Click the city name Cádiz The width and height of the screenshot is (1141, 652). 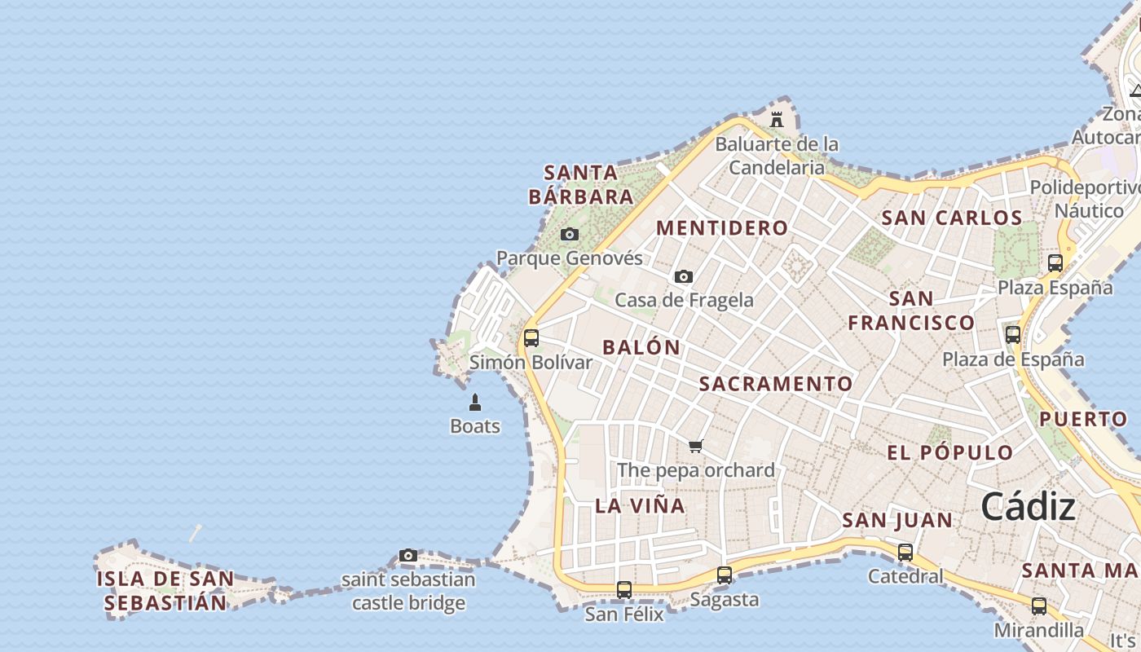pos(1028,507)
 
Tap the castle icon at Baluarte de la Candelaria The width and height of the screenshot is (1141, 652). pos(777,120)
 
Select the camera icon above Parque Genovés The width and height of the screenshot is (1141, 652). pos(570,235)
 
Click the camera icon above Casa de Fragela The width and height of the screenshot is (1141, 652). pos(684,277)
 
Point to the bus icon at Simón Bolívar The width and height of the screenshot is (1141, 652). pos(531,337)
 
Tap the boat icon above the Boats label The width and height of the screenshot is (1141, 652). pos(475,402)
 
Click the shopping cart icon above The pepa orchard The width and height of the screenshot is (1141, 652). pos(695,446)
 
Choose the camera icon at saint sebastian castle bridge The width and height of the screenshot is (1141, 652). pos(408,556)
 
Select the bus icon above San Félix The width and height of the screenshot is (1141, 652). pos(624,589)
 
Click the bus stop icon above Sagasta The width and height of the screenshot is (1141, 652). pos(724,575)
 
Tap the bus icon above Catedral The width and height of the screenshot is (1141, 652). pos(905,552)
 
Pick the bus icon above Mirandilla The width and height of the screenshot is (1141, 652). pos(1038,606)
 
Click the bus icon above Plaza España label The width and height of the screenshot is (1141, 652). pos(1055,262)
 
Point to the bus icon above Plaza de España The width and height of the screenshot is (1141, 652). pos(1013,334)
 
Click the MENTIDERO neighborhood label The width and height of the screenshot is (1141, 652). pos(722,228)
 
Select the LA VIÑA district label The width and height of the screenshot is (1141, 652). pos(640,505)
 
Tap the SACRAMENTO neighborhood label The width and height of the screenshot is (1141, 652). pos(776,384)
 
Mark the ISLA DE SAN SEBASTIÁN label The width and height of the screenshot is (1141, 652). pos(165,591)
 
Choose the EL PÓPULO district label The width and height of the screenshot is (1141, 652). pos(949,453)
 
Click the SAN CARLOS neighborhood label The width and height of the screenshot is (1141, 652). pos(951,218)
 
